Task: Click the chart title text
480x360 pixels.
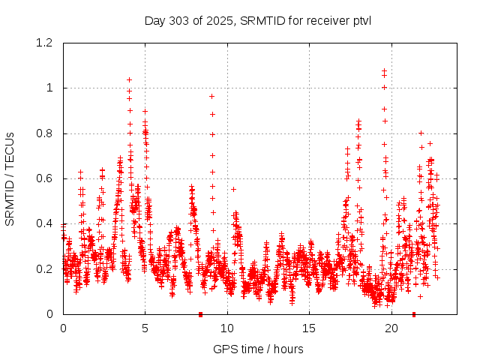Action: [258, 20]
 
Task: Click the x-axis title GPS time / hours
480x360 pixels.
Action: [258, 349]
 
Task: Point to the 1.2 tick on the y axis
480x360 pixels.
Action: [46, 43]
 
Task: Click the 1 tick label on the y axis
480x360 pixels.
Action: [50, 88]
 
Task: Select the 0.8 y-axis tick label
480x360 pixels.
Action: [46, 133]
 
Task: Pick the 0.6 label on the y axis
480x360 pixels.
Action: [46, 178]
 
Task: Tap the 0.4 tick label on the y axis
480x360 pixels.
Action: [46, 223]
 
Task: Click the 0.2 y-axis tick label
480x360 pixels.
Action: [46, 269]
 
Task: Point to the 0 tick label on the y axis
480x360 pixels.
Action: [50, 314]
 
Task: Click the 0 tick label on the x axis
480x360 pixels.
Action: [63, 328]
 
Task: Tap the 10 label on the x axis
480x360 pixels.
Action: [226, 328]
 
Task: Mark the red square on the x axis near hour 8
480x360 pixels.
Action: [200, 314]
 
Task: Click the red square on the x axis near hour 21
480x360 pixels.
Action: [413, 314]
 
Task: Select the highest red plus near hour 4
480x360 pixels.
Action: [129, 79]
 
